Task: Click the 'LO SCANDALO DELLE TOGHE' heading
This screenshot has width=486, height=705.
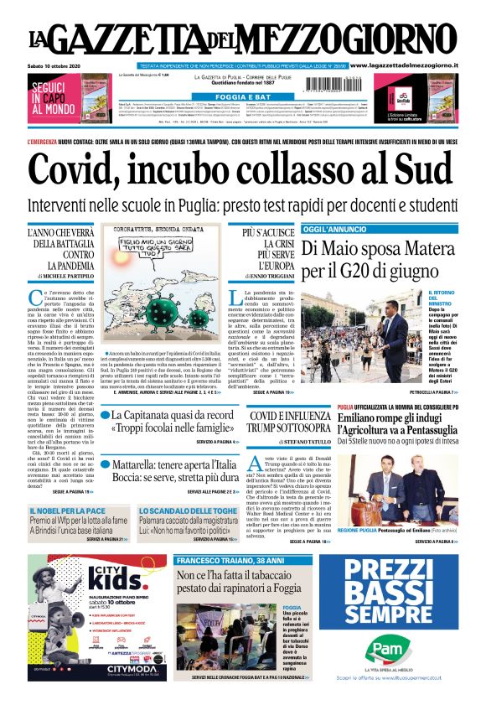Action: point(178,510)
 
